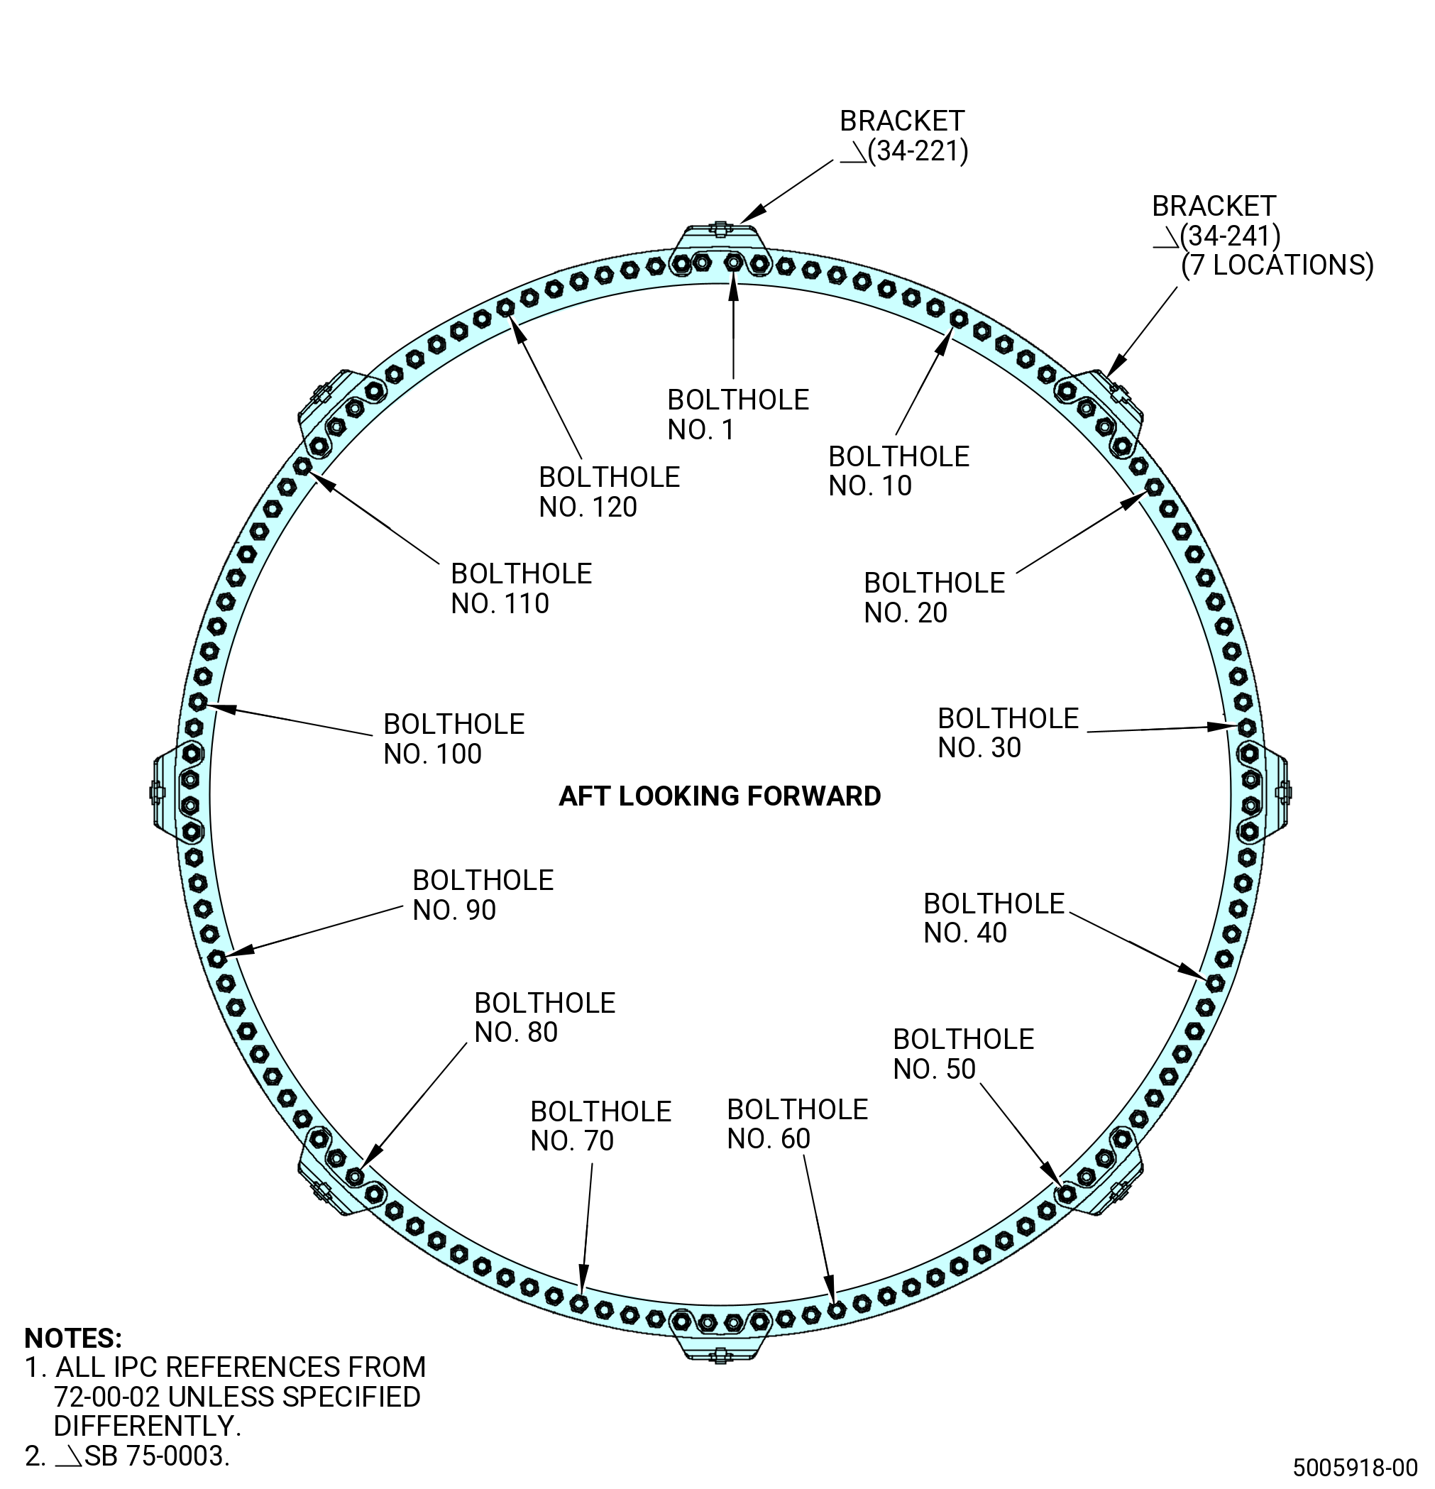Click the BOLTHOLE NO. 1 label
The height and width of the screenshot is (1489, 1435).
(737, 414)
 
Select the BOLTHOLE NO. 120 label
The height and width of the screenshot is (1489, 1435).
(609, 492)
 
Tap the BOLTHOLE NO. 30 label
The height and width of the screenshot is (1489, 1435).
(1008, 732)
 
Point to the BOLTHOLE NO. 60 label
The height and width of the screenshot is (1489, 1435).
(797, 1123)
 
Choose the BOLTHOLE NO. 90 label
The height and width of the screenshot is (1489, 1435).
(483, 894)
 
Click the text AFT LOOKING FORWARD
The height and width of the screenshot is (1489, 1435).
(720, 796)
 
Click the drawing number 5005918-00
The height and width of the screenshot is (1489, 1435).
(1356, 1466)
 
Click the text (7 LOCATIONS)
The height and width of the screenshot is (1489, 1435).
(1277, 265)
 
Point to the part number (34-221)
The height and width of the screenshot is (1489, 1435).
(918, 151)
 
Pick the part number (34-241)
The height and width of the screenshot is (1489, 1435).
(1230, 236)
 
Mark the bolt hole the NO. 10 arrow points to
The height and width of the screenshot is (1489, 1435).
(959, 319)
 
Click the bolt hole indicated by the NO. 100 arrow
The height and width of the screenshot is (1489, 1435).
(197, 702)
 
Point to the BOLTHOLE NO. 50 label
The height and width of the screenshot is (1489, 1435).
(963, 1053)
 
